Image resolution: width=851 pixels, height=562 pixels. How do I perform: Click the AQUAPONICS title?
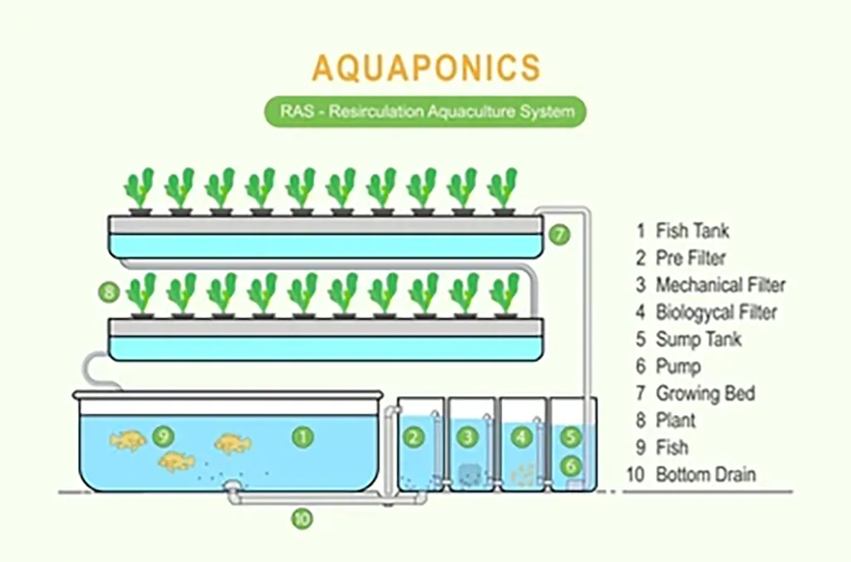pos(426,67)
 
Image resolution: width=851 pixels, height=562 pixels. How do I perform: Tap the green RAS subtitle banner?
pos(425,111)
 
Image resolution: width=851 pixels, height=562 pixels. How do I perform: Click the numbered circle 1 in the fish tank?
pos(303,437)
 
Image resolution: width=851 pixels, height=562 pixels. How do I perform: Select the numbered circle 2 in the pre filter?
pos(414,437)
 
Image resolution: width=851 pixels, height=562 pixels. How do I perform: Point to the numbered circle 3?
pos(467,437)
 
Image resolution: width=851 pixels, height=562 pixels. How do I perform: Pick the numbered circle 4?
pos(522,437)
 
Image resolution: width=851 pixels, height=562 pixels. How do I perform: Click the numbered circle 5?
pos(570,437)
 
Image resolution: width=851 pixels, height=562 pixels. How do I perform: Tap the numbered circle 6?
pos(570,465)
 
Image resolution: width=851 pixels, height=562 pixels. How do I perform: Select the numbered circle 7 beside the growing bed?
pos(559,235)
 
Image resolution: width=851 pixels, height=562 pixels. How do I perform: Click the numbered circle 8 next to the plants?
pos(109,292)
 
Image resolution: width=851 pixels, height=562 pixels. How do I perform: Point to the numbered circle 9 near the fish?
pos(163,435)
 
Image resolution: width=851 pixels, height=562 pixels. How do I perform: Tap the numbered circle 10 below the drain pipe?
pos(303,519)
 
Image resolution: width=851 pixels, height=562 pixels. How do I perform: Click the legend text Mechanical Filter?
pos(721,285)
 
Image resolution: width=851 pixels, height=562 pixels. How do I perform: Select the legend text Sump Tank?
pos(698,340)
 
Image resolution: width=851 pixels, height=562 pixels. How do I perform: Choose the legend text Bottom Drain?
pos(706,475)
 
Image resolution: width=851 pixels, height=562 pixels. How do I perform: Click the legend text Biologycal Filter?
pos(716,312)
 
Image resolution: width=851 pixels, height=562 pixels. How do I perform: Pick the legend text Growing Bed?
pos(706,393)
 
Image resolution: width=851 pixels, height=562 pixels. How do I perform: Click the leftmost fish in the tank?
pos(128,441)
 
